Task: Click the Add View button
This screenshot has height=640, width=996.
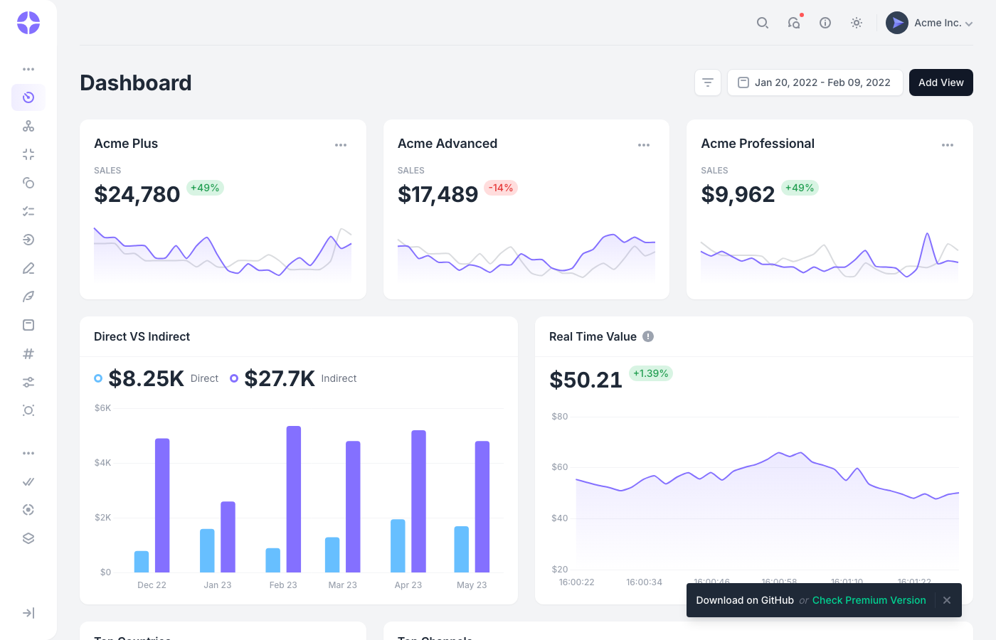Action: (x=941, y=82)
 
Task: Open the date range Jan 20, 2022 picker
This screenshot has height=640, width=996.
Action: (x=815, y=82)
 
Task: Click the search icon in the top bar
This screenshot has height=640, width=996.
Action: (x=762, y=23)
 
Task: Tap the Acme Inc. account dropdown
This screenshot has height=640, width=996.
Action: (x=929, y=23)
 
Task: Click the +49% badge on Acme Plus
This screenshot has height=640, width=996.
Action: (x=205, y=188)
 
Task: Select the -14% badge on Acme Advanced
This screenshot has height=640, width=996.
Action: (x=501, y=188)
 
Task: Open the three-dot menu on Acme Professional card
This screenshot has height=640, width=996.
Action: (x=947, y=145)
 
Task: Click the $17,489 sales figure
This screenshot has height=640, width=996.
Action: (x=438, y=194)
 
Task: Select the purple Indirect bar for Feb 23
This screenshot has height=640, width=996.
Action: (x=294, y=499)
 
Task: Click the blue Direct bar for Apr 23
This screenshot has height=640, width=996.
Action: (x=398, y=545)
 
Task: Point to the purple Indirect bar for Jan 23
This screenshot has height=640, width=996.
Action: (x=228, y=537)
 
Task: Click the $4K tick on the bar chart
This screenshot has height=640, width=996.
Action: (x=102, y=463)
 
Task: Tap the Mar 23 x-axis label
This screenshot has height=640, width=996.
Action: (x=342, y=585)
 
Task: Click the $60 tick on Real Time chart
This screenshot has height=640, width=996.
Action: (x=559, y=467)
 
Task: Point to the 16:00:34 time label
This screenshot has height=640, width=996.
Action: (x=644, y=582)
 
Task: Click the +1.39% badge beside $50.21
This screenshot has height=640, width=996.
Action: (x=650, y=373)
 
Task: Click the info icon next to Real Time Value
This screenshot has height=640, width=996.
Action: (x=648, y=336)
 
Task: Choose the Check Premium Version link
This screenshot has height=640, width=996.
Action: (x=869, y=600)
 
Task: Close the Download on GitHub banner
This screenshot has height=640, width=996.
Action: (x=946, y=600)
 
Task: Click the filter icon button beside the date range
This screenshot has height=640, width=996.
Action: (x=708, y=82)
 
